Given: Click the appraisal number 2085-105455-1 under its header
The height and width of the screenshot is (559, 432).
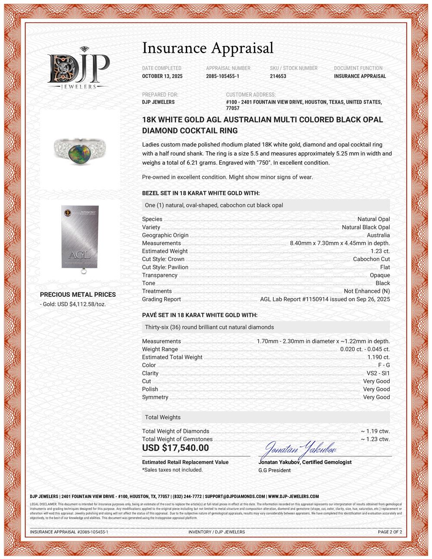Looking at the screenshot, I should click(x=222, y=76).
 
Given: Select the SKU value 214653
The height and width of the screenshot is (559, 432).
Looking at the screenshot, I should click(x=278, y=76).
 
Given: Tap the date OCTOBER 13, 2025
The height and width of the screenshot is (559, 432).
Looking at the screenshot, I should click(x=162, y=76).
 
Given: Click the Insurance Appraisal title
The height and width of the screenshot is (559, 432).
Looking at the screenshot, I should click(x=208, y=48).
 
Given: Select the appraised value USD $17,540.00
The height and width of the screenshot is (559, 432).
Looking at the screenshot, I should click(x=175, y=448).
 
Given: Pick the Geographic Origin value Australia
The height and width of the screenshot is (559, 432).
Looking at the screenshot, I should click(x=378, y=235).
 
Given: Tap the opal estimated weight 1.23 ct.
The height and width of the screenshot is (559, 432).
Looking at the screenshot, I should click(x=380, y=251).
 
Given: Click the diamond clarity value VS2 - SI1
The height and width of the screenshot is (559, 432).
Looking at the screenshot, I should click(x=378, y=373).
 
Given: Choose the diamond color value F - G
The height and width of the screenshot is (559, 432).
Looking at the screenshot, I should click(x=384, y=365).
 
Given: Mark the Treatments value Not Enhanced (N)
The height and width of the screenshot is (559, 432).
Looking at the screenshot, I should click(x=367, y=291).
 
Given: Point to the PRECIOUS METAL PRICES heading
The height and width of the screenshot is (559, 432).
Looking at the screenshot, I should click(x=78, y=295).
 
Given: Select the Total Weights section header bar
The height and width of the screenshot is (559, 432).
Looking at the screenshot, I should click(x=266, y=417).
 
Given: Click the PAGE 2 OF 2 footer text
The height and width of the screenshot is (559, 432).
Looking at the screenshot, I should click(x=390, y=532).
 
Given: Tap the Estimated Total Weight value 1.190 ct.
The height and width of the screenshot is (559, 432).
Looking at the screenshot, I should click(x=378, y=357).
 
